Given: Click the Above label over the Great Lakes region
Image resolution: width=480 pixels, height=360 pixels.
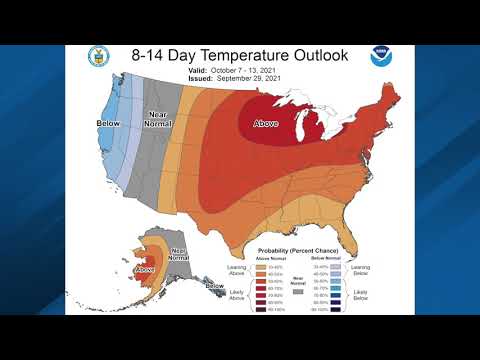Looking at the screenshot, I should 267,125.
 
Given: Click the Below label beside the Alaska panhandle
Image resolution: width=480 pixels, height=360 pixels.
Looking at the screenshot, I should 215,287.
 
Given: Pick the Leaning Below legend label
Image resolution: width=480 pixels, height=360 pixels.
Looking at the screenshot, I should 363,269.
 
